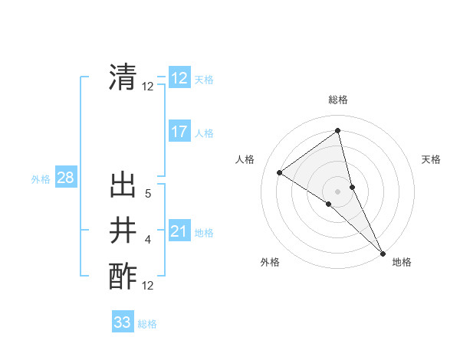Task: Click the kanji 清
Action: click(123, 77)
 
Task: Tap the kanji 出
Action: click(123, 186)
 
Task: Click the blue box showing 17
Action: click(179, 132)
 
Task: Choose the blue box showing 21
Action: click(179, 231)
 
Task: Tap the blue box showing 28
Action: click(65, 178)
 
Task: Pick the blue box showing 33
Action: click(123, 322)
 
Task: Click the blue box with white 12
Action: click(179, 78)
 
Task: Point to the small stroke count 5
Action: click(148, 195)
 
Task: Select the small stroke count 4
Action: click(148, 240)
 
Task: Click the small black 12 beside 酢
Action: click(148, 286)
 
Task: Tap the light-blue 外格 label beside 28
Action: click(41, 179)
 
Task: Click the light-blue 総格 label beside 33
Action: click(147, 324)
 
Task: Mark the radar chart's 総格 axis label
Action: click(337, 100)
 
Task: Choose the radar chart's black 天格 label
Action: click(431, 159)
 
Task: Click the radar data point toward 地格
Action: click(383, 252)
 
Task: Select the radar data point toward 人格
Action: click(279, 172)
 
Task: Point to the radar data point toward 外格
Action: click(329, 204)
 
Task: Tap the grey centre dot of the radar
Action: click(337, 190)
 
